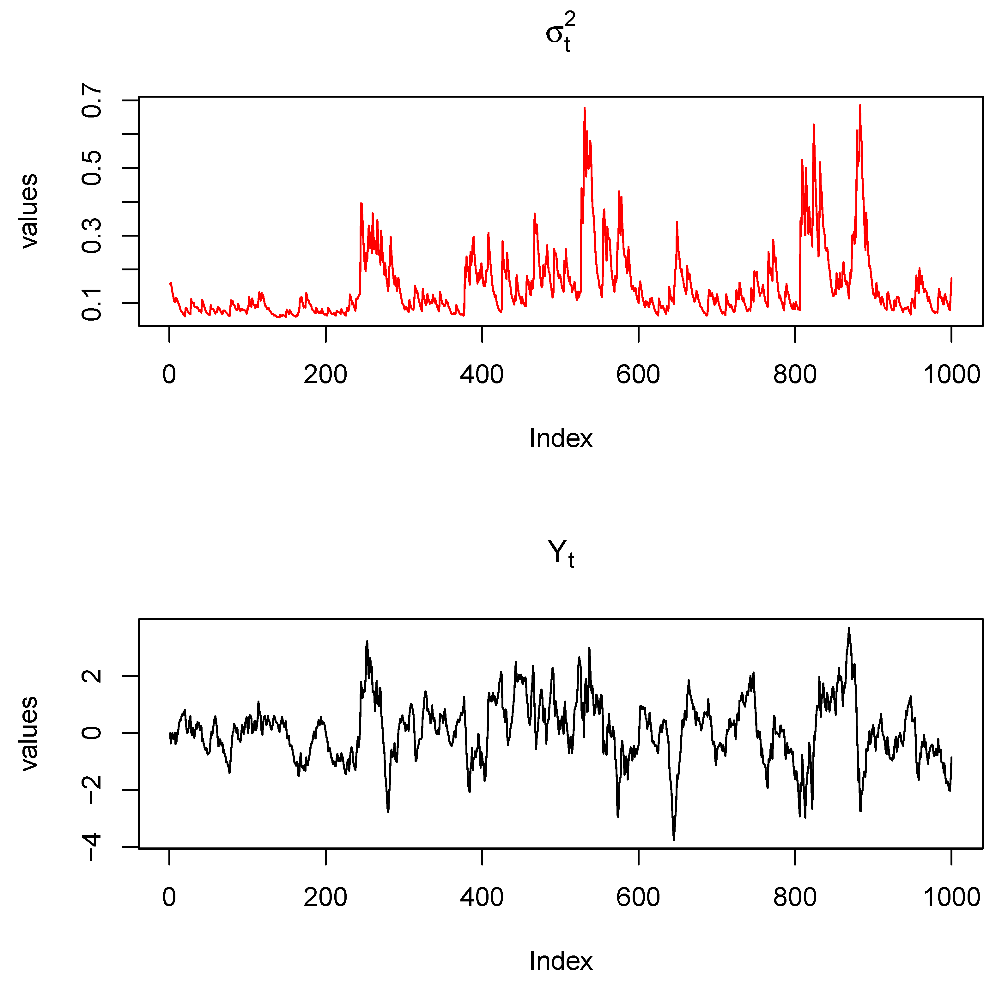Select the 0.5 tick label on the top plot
click(92, 168)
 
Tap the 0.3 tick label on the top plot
click(92, 236)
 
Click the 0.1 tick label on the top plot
click(92, 303)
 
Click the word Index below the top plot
click(560, 438)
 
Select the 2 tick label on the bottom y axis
click(92, 676)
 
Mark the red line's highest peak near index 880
click(860, 106)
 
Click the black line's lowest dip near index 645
click(674, 839)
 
